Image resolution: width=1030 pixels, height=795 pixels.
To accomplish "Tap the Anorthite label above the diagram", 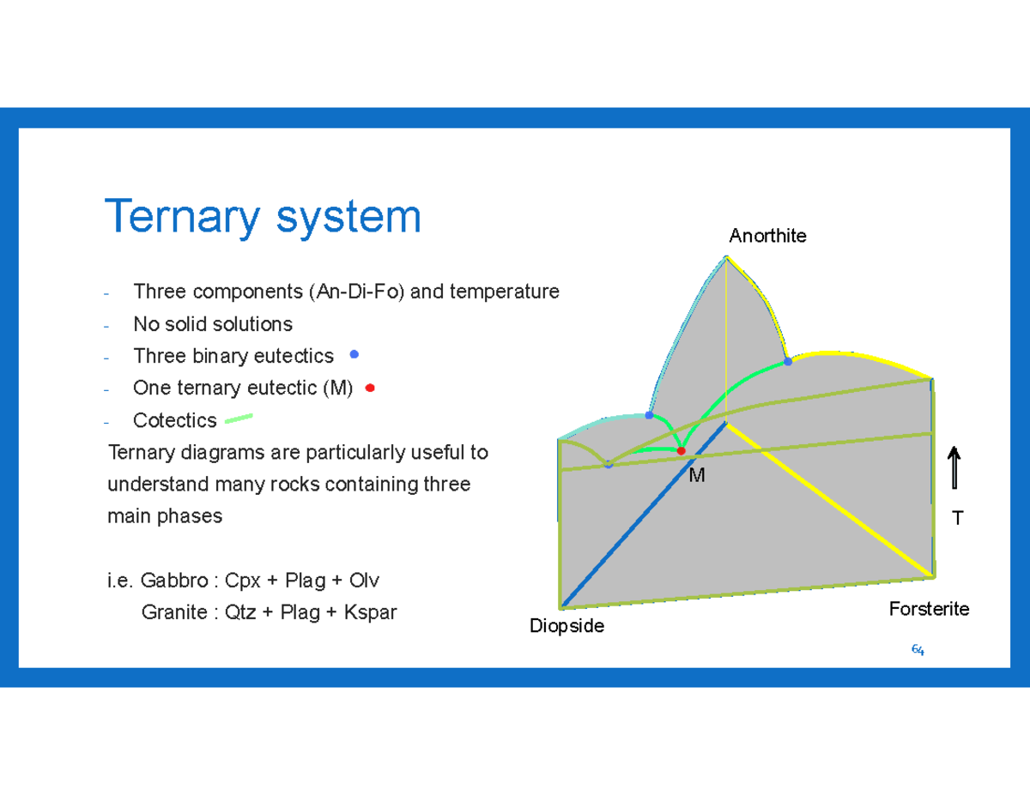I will click(767, 236).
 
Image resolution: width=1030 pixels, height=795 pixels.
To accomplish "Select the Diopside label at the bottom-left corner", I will click(566, 626).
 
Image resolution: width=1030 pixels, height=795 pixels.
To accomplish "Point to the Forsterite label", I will click(929, 609).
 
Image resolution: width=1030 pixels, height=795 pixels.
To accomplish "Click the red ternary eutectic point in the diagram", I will click(682, 450).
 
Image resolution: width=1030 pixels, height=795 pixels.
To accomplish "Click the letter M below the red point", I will click(696, 475).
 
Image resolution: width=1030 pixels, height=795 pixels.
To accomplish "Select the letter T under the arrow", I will click(957, 517).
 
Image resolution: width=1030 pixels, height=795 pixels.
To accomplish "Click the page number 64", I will click(918, 650).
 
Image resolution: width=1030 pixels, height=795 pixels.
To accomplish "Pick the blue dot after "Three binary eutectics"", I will click(354, 354).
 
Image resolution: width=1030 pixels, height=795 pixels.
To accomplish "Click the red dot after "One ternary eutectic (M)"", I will click(370, 388).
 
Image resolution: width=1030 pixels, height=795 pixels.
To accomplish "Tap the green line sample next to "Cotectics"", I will click(238, 419).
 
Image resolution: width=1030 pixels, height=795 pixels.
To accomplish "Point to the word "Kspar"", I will click(370, 612).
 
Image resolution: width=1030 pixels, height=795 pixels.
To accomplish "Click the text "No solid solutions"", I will click(212, 324).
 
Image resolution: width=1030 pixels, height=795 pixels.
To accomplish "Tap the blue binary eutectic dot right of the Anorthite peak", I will click(788, 362).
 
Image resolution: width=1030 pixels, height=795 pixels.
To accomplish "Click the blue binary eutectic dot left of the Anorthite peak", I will click(649, 415).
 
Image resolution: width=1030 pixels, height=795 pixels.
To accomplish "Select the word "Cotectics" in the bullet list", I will click(174, 420).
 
